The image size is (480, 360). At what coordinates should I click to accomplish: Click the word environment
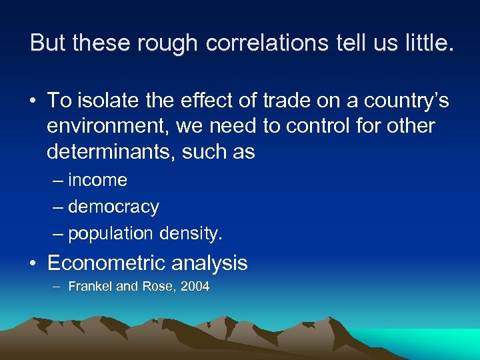(103, 126)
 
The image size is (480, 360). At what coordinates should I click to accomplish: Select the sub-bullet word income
(97, 180)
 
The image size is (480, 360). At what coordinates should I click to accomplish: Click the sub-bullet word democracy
(113, 207)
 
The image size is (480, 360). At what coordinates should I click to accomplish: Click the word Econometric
(107, 263)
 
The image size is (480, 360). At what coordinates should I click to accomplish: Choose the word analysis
(209, 263)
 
